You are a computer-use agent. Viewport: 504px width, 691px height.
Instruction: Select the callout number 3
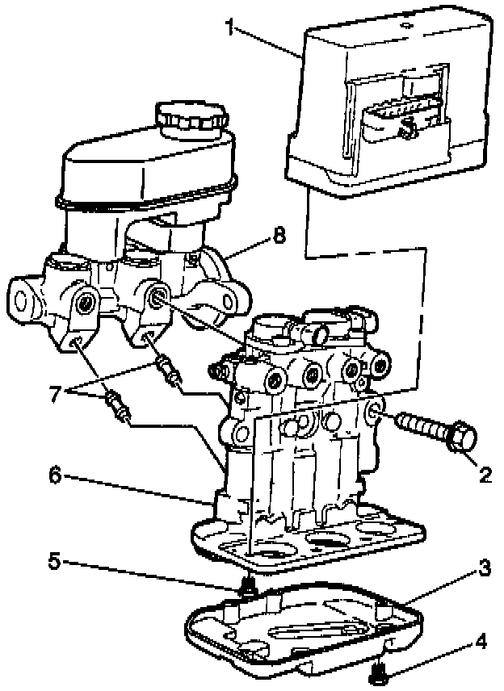483,568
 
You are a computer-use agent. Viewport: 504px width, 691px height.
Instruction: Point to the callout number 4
481,644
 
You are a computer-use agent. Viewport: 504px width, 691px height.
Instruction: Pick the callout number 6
54,475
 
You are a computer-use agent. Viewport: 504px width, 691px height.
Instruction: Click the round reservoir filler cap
188,120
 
